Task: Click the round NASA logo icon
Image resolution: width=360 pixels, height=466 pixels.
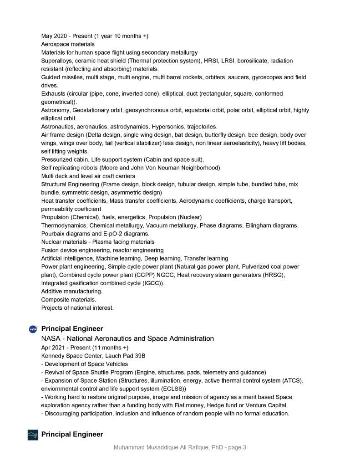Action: pyautogui.click(x=33, y=329)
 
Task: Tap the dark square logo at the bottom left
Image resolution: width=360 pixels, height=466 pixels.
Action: pyautogui.click(x=33, y=435)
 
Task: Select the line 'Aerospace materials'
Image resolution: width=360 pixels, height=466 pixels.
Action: pyautogui.click(x=68, y=44)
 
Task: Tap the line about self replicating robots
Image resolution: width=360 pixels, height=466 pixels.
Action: pyautogui.click(x=131, y=168)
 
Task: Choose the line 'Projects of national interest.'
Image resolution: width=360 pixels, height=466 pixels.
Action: pyautogui.click(x=77, y=307)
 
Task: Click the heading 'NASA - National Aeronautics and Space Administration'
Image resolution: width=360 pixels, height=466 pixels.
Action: pyautogui.click(x=127, y=338)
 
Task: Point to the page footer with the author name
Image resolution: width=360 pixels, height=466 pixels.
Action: pyautogui.click(x=180, y=447)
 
